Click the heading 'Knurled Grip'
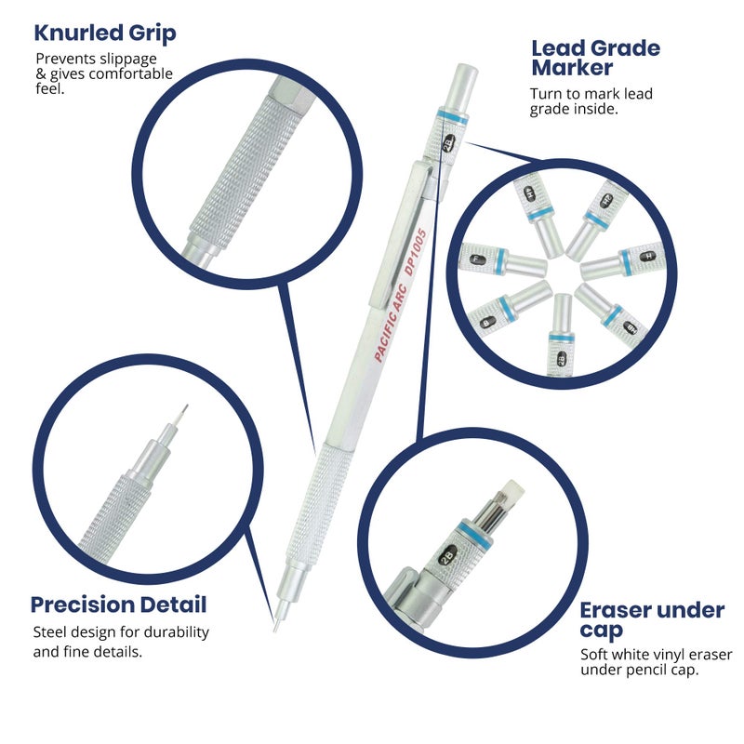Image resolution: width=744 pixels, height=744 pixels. click(x=105, y=34)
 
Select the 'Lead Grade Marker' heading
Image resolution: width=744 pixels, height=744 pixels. click(x=595, y=58)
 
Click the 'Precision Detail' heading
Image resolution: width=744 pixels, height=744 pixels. click(x=118, y=604)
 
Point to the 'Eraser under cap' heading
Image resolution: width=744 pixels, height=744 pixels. click(x=651, y=620)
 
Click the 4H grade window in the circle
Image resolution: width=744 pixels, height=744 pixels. click(x=531, y=193)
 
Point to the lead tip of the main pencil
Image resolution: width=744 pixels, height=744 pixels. click(x=275, y=625)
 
